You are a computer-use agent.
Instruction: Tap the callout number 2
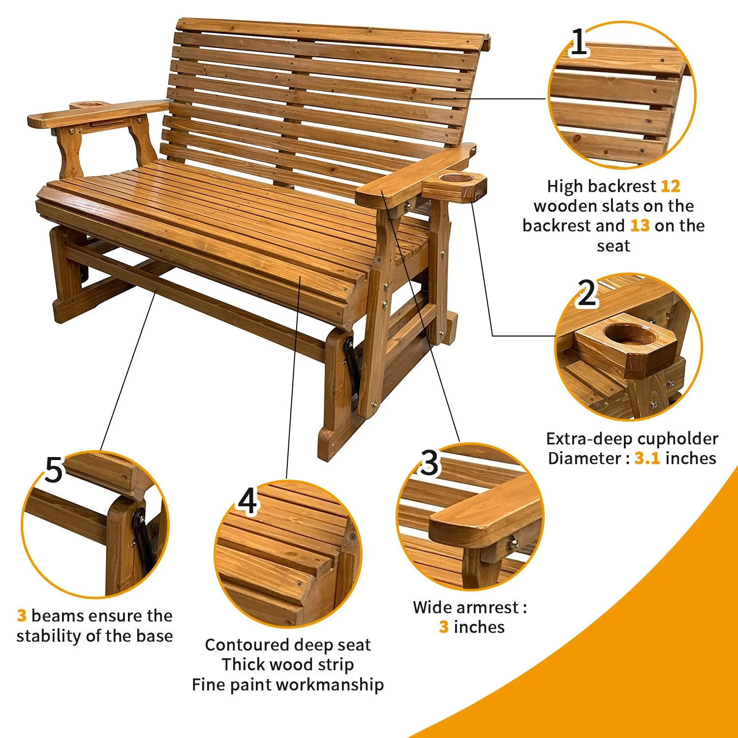[x=587, y=293]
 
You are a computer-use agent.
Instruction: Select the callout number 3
[x=429, y=463]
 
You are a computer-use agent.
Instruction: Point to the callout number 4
[x=247, y=501]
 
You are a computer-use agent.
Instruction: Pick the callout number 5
[x=54, y=470]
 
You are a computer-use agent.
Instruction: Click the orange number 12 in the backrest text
[x=670, y=186]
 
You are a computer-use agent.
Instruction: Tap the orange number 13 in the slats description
[x=640, y=226]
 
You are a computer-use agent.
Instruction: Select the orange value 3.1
[x=646, y=459]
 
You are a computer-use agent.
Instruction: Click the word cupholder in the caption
[x=673, y=439]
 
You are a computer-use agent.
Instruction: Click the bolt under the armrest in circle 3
[x=514, y=543]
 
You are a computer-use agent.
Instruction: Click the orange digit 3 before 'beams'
[x=22, y=615]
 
